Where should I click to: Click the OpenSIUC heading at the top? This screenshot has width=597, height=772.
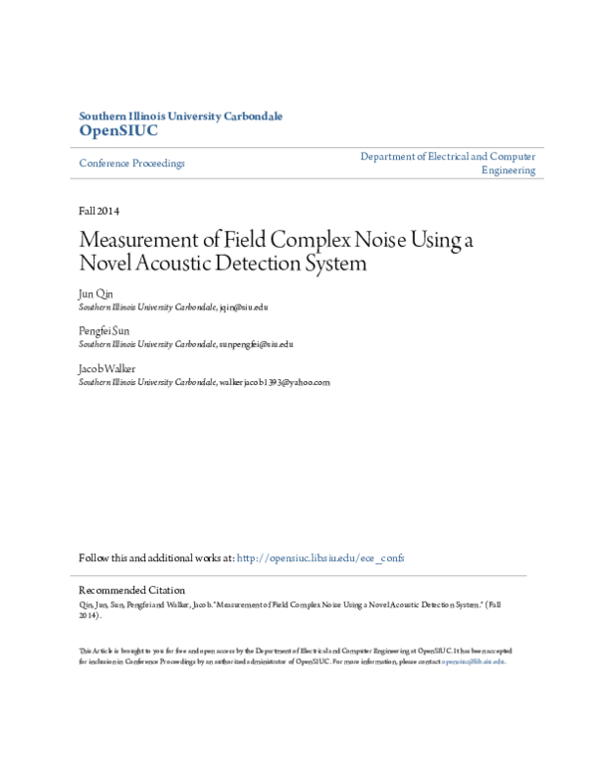coord(117,131)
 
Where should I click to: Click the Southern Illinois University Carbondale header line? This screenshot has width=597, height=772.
coord(180,116)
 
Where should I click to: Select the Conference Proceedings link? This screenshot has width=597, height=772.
coord(131,163)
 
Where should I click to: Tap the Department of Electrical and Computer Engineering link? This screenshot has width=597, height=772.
coord(448,163)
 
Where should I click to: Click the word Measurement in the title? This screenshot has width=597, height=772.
coord(134,242)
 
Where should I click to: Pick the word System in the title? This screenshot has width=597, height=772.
coord(334,265)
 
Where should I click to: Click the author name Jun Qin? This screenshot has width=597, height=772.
coord(96,295)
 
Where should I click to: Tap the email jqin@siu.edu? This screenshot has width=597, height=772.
coord(244,308)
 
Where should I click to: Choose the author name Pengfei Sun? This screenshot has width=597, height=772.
coord(103,331)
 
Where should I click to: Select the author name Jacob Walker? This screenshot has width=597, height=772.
coord(106,368)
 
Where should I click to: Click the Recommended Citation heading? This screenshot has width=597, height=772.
coord(131,590)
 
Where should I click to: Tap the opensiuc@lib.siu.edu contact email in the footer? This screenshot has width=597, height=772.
coord(474,661)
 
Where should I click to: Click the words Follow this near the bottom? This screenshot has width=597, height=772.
coord(102,558)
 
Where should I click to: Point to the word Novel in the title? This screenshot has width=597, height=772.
coord(105,265)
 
